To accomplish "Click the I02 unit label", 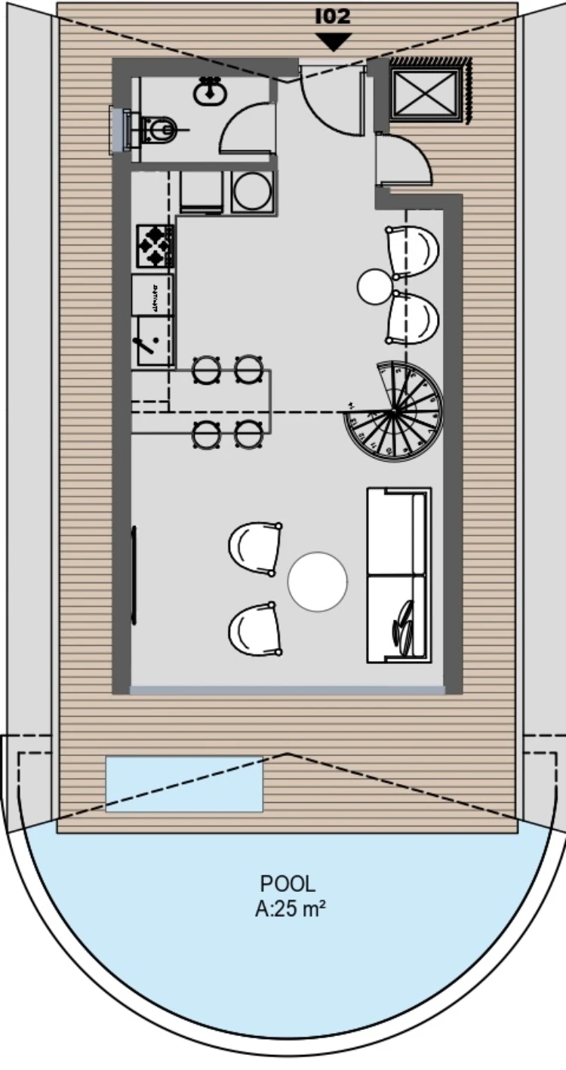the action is pyautogui.click(x=333, y=17).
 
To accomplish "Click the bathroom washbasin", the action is pyautogui.click(x=209, y=91).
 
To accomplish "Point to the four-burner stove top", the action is pyautogui.click(x=154, y=245).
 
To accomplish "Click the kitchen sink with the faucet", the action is pyautogui.click(x=153, y=341).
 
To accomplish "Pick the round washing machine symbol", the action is pyautogui.click(x=252, y=191).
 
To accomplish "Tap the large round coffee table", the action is pyautogui.click(x=317, y=581).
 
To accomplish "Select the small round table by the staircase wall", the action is pyautogui.click(x=375, y=287).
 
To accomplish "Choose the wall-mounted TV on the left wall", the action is pyautogui.click(x=134, y=575).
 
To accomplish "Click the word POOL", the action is pyautogui.click(x=288, y=884).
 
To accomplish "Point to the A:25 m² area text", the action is pyautogui.click(x=291, y=909).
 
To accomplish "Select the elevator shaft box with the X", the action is pyautogui.click(x=425, y=93).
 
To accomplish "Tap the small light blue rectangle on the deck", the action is pyautogui.click(x=184, y=784).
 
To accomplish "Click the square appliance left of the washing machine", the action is pyautogui.click(x=201, y=191).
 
